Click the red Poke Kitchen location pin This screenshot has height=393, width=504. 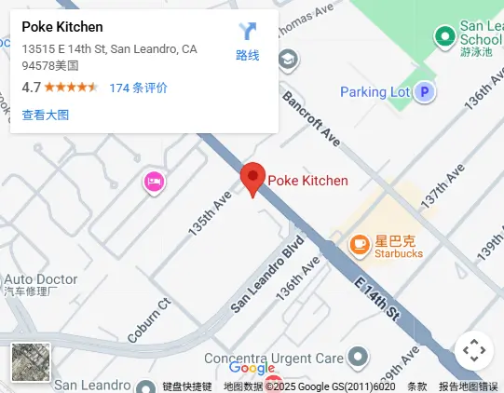252,178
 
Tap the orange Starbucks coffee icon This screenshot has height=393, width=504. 358,244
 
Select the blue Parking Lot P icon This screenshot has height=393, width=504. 425,91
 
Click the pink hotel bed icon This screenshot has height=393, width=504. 154,182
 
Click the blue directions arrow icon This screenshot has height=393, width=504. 248,33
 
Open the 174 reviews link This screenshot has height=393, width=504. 139,88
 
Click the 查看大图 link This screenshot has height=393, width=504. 46,115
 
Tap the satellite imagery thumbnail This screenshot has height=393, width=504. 31,362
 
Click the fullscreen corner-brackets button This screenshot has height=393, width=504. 474,351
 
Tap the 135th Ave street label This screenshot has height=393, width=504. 208,213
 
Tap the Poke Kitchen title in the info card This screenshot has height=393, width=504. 62,26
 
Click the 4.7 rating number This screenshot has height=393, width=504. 31,88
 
